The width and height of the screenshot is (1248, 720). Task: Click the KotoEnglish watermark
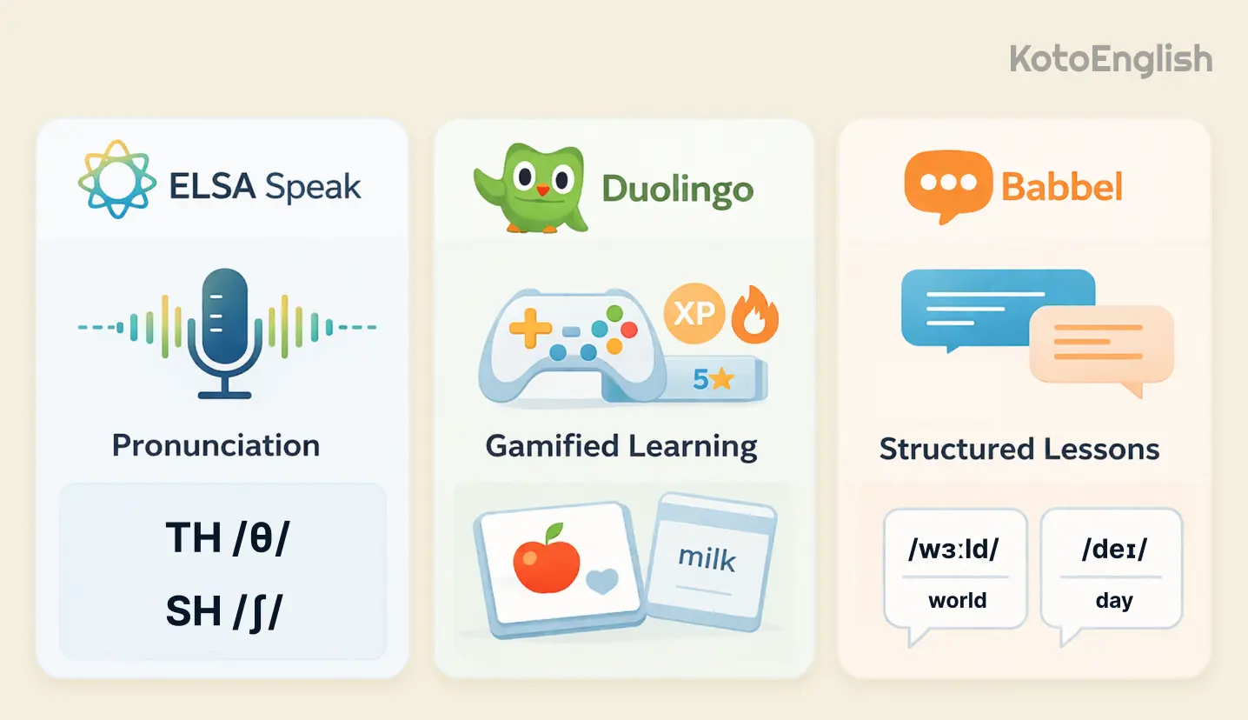[1110, 60]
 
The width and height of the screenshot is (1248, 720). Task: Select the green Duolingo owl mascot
[530, 188]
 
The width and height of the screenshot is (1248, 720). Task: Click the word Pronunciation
[216, 445]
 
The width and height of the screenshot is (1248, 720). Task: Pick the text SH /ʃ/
[224, 612]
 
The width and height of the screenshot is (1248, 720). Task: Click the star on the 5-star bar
[721, 379]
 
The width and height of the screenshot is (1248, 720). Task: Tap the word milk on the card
[706, 558]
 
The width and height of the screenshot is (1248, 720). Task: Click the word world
[957, 601]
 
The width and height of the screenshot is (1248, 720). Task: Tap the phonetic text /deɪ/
[1113, 550]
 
